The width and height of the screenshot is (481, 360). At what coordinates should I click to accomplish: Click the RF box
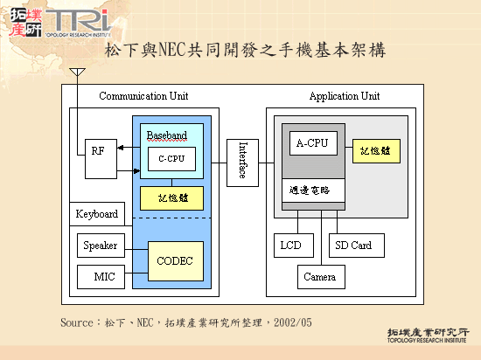(x=97, y=151)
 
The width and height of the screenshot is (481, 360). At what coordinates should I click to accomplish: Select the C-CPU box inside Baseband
(x=171, y=158)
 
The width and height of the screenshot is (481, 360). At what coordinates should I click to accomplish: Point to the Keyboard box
(x=97, y=214)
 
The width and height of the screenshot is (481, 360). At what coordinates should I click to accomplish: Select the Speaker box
(x=100, y=246)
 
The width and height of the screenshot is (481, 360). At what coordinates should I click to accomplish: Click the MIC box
(x=103, y=278)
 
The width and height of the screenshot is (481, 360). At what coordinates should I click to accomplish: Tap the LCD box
(x=290, y=246)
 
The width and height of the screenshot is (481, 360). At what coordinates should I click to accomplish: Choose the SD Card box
(x=354, y=246)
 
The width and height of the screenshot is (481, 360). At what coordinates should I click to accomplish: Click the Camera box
(x=319, y=277)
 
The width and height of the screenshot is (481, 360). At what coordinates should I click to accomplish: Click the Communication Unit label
(x=143, y=96)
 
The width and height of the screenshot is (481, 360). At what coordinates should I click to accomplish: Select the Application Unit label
(x=345, y=96)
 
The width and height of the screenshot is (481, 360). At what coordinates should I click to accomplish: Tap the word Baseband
(x=166, y=135)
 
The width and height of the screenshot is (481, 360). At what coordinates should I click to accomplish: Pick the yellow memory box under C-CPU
(x=172, y=197)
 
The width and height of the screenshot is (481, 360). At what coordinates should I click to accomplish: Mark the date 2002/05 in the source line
(x=292, y=322)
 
